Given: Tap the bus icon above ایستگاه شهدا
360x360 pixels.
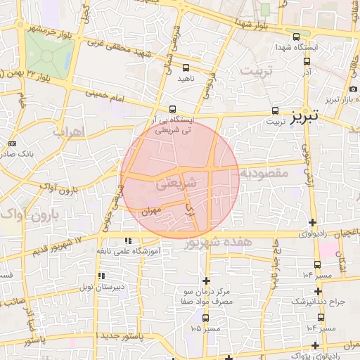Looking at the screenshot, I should [295, 38].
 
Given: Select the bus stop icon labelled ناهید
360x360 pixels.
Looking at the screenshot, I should [186, 68].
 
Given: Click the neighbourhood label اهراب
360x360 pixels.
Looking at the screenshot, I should [68, 131].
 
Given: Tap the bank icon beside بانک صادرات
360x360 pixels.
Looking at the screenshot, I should [12, 143].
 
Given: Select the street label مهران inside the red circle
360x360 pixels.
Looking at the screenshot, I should [151, 210].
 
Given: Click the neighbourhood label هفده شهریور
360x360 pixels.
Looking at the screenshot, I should [218, 242].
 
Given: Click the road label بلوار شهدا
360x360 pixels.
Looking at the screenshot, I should [253, 27].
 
